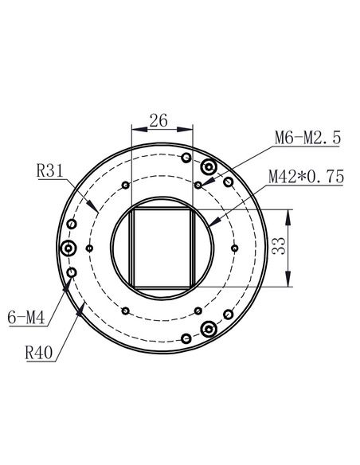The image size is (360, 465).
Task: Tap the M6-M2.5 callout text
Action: (307, 138)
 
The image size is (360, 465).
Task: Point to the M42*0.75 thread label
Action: (305, 176)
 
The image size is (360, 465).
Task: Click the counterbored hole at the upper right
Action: (209, 167)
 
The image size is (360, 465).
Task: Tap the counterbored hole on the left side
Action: (69, 248)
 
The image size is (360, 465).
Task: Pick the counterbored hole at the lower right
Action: (209, 329)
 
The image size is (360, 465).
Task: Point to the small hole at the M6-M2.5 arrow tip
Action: (198, 185)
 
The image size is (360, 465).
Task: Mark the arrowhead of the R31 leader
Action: (96, 210)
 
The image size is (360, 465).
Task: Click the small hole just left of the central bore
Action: (90, 248)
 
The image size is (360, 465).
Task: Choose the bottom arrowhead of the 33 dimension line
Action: (286, 284)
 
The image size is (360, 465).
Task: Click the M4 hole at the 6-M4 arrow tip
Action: (72, 273)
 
